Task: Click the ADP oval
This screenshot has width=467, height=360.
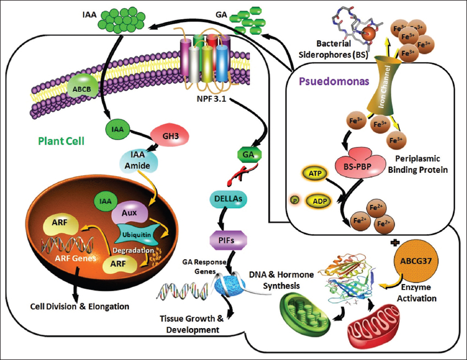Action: point(317,201)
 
